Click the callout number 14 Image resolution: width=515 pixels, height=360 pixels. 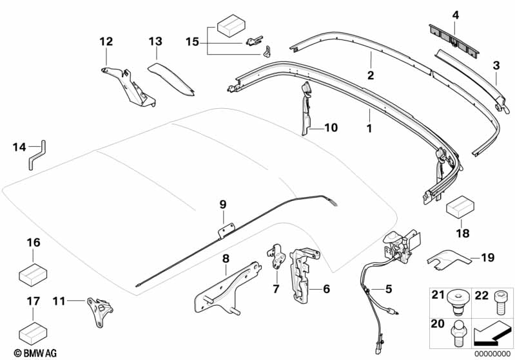[x=19, y=147]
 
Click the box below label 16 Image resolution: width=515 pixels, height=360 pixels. [x=33, y=274]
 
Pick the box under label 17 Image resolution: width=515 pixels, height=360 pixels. [x=33, y=332]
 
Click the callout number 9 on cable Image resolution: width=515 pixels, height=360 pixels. [x=222, y=205]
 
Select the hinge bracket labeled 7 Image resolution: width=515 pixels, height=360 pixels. [x=276, y=254]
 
